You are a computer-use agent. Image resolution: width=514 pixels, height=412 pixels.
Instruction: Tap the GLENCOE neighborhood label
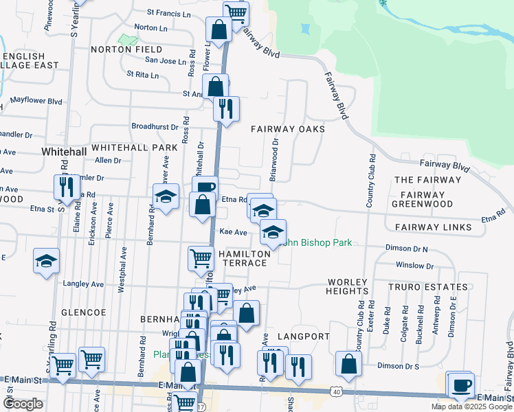coord(83,312)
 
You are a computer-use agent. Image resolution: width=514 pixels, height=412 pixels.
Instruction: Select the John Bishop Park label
coord(317,242)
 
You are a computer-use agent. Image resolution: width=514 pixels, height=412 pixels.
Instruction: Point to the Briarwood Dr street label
coord(273,160)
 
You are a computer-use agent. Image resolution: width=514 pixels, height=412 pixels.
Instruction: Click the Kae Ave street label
coord(233,233)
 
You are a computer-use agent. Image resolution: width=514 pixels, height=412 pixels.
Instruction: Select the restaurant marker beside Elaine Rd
coord(67,187)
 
